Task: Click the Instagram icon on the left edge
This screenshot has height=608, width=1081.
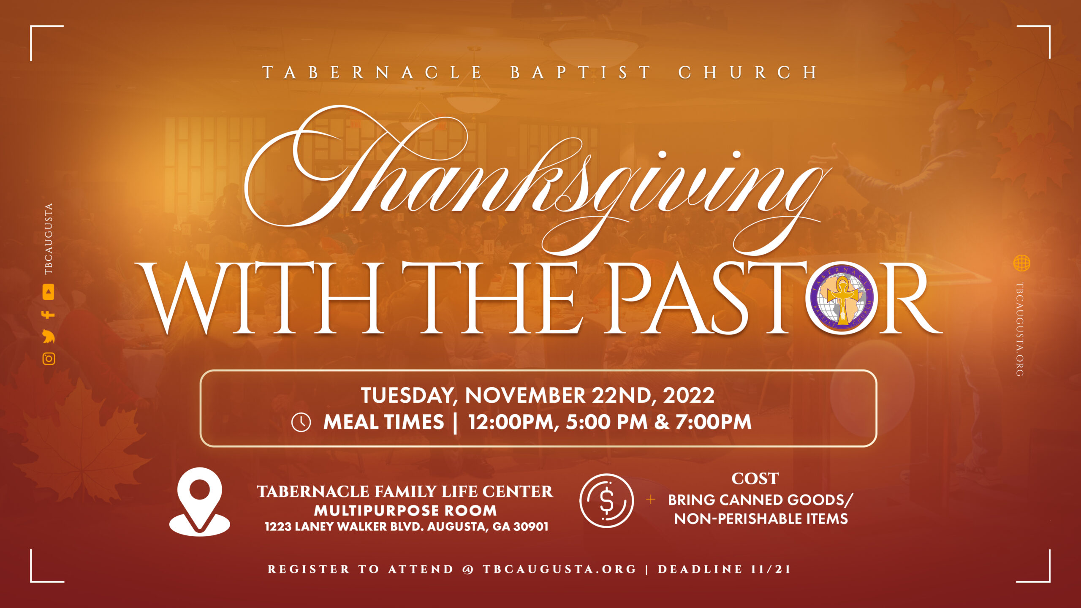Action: point(49,358)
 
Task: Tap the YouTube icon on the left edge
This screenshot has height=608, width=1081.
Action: point(49,292)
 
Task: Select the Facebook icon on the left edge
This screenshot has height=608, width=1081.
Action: point(48,315)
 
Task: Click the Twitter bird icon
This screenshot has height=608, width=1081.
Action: point(49,337)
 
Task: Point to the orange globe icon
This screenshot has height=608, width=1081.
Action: point(1021,263)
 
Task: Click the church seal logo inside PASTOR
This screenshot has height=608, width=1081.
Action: point(842,298)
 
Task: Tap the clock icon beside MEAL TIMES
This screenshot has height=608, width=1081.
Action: point(301,422)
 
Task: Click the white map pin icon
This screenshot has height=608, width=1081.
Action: point(200,502)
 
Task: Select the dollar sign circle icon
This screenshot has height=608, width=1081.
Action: point(606,501)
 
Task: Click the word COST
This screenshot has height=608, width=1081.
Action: point(755,479)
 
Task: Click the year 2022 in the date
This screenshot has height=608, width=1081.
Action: point(689,395)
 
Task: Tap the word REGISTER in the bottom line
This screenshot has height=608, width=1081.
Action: point(309,569)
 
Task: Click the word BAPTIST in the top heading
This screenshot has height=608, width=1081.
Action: point(581,73)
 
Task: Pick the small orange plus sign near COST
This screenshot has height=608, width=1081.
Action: point(651,500)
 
